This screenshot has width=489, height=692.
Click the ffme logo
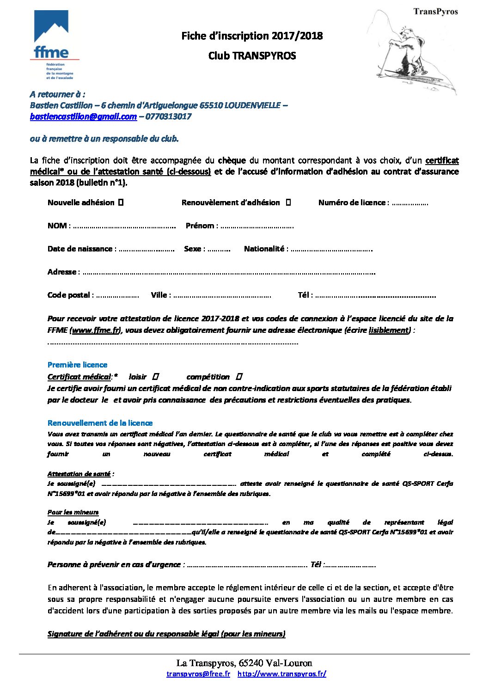coord(54,44)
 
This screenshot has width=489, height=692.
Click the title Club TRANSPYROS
coord(252,56)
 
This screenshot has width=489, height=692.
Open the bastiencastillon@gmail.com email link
coord(83,117)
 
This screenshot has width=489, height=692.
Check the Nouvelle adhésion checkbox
coord(121,202)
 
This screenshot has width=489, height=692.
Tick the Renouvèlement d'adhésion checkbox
coord(288,202)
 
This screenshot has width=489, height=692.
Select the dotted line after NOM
coord(124,226)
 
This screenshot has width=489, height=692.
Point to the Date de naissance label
coord(80,249)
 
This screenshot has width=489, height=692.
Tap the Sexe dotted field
coord(219,249)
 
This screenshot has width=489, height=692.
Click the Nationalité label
coord(264,249)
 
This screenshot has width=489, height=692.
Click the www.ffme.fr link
coord(96,330)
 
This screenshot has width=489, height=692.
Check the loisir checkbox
coord(155,377)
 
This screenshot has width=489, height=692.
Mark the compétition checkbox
coord(239,377)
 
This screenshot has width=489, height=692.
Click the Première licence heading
coord(77,365)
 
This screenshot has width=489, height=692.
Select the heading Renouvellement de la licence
coord(100,423)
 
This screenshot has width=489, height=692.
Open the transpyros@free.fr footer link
coord(198,674)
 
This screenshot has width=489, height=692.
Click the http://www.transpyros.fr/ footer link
coord(282,674)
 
